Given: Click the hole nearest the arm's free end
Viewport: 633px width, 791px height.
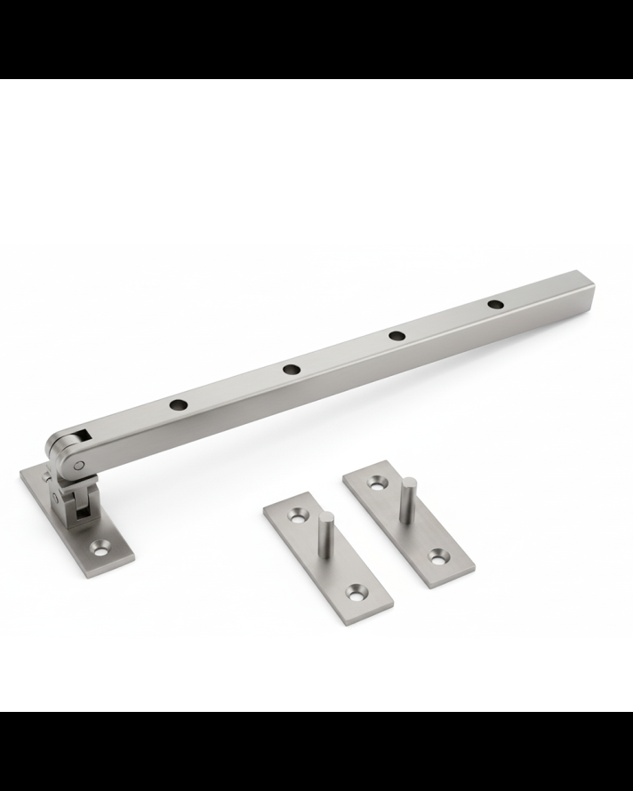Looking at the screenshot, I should (495, 306).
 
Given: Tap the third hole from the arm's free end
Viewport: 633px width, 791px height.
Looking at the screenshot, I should (290, 369).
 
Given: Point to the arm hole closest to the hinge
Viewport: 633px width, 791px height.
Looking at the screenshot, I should (180, 403).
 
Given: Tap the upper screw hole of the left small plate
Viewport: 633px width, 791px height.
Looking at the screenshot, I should (294, 515).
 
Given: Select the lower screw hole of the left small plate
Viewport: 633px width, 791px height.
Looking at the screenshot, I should (359, 589).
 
